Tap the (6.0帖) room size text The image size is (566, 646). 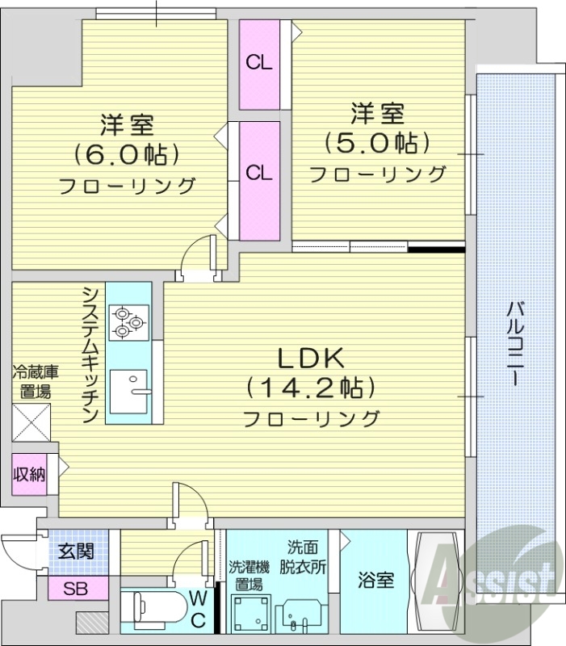[x=126, y=153]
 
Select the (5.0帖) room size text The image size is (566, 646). [x=376, y=143]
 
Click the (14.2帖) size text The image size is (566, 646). [x=312, y=388]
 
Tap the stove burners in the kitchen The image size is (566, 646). [x=128, y=321]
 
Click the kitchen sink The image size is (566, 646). [x=129, y=392]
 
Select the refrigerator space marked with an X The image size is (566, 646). [x=31, y=422]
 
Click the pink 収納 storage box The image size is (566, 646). [x=29, y=474]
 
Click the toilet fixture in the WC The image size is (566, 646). [x=153, y=608]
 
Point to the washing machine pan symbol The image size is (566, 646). [x=249, y=614]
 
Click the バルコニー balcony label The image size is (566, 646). [x=514, y=343]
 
